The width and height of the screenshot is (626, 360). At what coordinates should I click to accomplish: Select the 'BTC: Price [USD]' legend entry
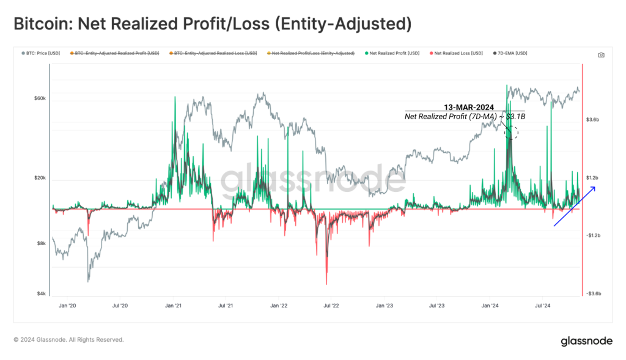click(42, 54)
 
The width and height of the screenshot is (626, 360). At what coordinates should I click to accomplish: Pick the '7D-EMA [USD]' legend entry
click(511, 54)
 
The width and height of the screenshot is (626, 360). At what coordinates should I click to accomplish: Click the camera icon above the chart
click(601, 55)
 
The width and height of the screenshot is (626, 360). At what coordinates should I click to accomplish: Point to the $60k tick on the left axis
click(39, 98)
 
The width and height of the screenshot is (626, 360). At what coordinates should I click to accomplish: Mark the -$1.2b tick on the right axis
click(594, 235)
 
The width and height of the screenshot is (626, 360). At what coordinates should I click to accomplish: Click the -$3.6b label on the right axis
click(594, 294)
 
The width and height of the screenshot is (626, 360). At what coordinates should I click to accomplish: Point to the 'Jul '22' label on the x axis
click(331, 304)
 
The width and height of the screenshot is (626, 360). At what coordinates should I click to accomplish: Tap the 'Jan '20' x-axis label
click(68, 304)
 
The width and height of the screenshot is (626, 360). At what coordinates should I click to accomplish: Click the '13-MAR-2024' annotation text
click(469, 108)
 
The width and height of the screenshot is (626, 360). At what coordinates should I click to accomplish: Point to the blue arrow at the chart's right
click(574, 207)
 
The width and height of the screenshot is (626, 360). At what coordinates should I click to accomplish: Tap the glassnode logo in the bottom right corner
click(586, 341)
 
